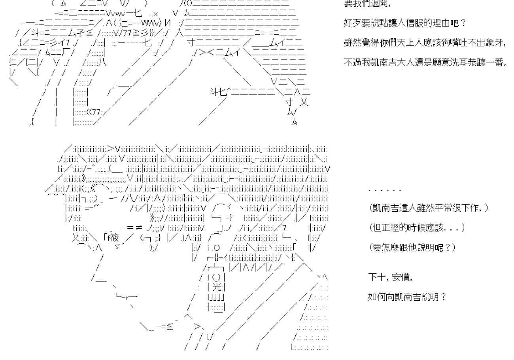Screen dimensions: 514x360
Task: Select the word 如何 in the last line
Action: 376,297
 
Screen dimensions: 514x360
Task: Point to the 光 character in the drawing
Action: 216,286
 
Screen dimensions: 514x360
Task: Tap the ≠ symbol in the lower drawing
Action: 138,227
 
